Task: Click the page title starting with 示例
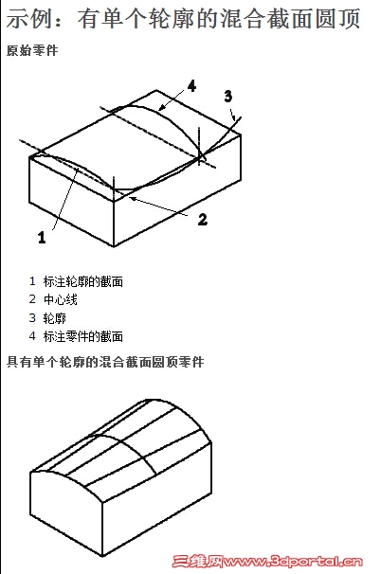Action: pyautogui.click(x=183, y=18)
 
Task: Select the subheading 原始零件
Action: pyautogui.click(x=32, y=50)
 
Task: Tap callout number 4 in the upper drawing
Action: pyautogui.click(x=191, y=86)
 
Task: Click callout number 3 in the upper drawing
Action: pyautogui.click(x=227, y=97)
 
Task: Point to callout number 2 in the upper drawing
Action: pyautogui.click(x=203, y=220)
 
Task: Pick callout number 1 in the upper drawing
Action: pyautogui.click(x=42, y=237)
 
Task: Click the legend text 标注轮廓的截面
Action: pyautogui.click(x=83, y=281)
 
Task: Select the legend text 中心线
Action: pyautogui.click(x=61, y=300)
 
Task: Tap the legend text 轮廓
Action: pyautogui.click(x=55, y=318)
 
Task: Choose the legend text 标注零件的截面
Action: pyautogui.click(x=83, y=336)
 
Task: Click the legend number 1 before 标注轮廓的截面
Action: pyautogui.click(x=32, y=281)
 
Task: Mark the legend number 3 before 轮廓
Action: pyautogui.click(x=32, y=318)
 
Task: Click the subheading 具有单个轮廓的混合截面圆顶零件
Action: pyautogui.click(x=105, y=362)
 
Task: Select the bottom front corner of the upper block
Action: pyautogui.click(x=114, y=246)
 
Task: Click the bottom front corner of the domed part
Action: pyautogui.click(x=102, y=556)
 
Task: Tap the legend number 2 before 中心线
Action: pyautogui.click(x=32, y=300)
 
